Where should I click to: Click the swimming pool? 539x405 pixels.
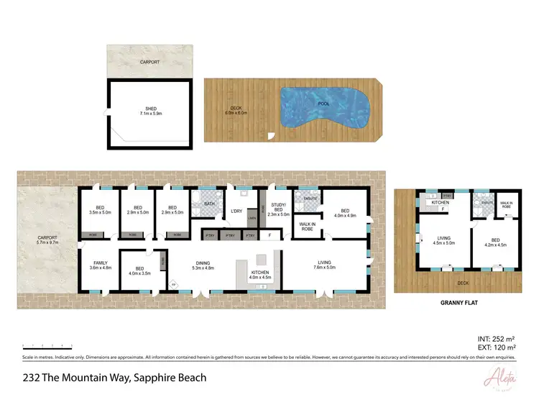324,108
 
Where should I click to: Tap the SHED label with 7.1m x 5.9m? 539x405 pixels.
150,112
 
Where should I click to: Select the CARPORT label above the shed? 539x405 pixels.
150,63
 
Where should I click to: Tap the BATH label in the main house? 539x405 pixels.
209,204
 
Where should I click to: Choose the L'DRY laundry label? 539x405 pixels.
236,210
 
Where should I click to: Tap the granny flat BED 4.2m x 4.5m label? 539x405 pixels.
494,242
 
